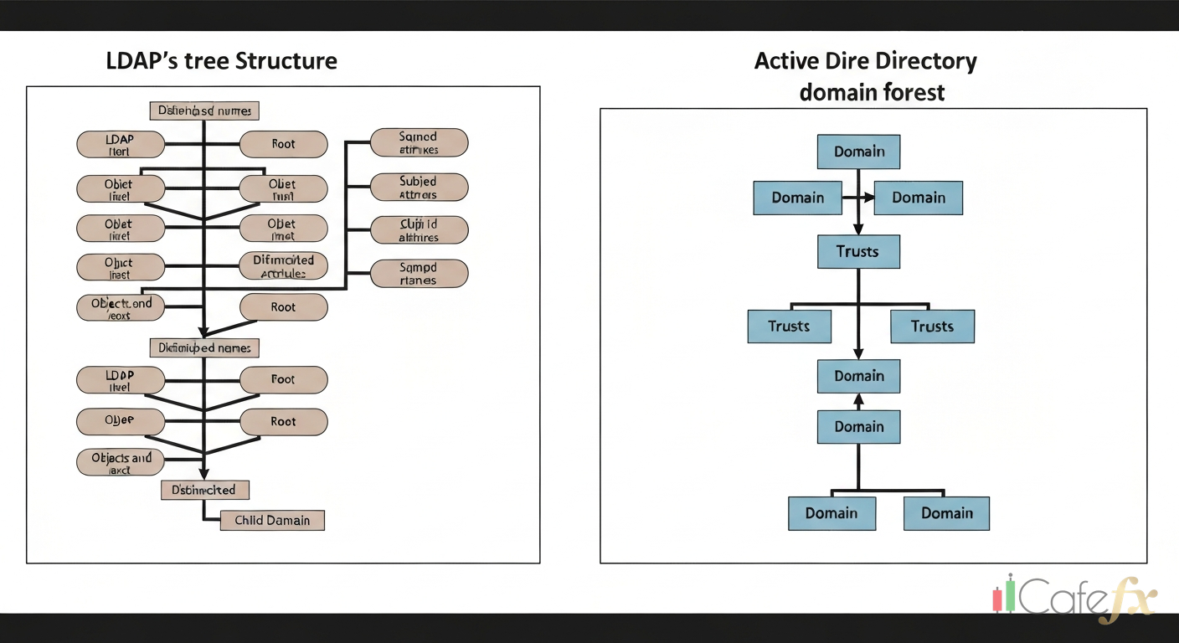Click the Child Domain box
point(272,520)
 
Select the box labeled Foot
point(283,379)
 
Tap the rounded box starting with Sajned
point(419,142)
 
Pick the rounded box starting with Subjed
point(419,187)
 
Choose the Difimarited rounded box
point(283,266)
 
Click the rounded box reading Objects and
point(121,463)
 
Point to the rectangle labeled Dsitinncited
point(204,490)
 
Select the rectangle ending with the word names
point(204,347)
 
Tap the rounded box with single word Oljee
point(121,421)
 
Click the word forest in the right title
point(909,92)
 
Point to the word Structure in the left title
point(286,61)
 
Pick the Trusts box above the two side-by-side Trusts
point(858,251)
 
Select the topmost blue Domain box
point(858,152)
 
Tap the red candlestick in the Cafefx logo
point(997,599)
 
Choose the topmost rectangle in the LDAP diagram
point(204,111)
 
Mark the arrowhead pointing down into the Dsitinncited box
point(204,475)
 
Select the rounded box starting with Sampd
point(419,274)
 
